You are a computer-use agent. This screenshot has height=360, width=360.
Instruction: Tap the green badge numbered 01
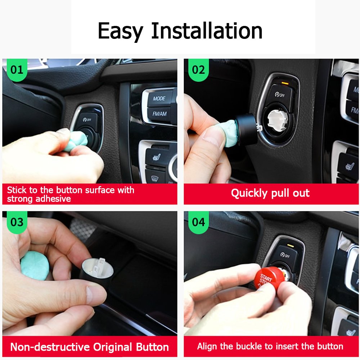pos(17,69)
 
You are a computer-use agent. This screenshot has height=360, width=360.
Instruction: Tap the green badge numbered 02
pos(198,69)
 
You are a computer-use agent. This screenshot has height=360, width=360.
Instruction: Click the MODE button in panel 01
pos(159,98)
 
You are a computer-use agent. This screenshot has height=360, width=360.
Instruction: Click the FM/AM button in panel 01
pos(159,114)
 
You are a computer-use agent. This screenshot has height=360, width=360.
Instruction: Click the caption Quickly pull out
pos(270,193)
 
